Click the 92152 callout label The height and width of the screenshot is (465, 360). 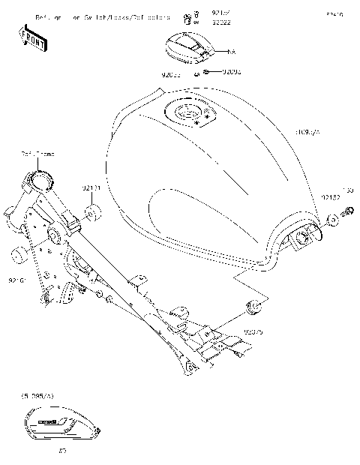point(331,196)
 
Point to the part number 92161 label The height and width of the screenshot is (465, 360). point(18,280)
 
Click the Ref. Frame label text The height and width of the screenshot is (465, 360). point(37,154)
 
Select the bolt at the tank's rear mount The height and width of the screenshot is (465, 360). point(348,215)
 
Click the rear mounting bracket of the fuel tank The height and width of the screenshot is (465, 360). point(304,239)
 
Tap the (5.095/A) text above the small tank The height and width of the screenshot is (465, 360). point(37,394)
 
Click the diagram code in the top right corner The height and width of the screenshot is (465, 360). point(333,14)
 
